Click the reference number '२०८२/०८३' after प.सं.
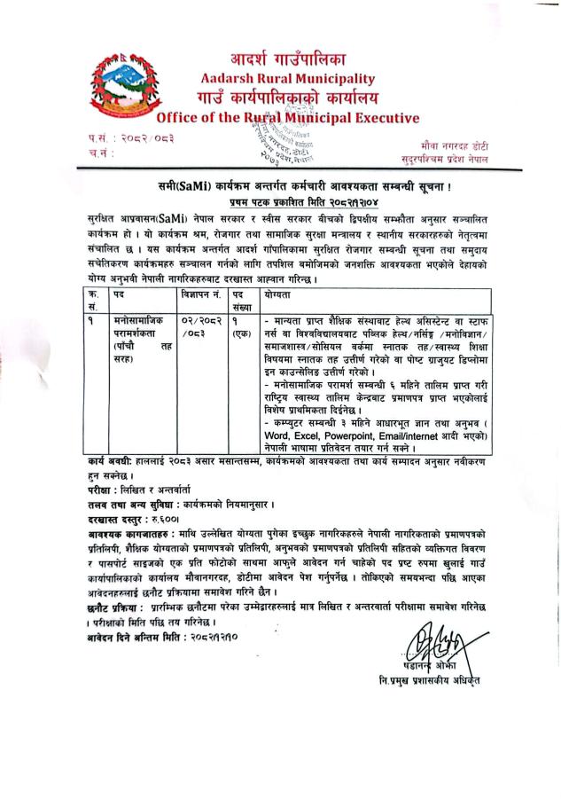pyautogui.click(x=138, y=137)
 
